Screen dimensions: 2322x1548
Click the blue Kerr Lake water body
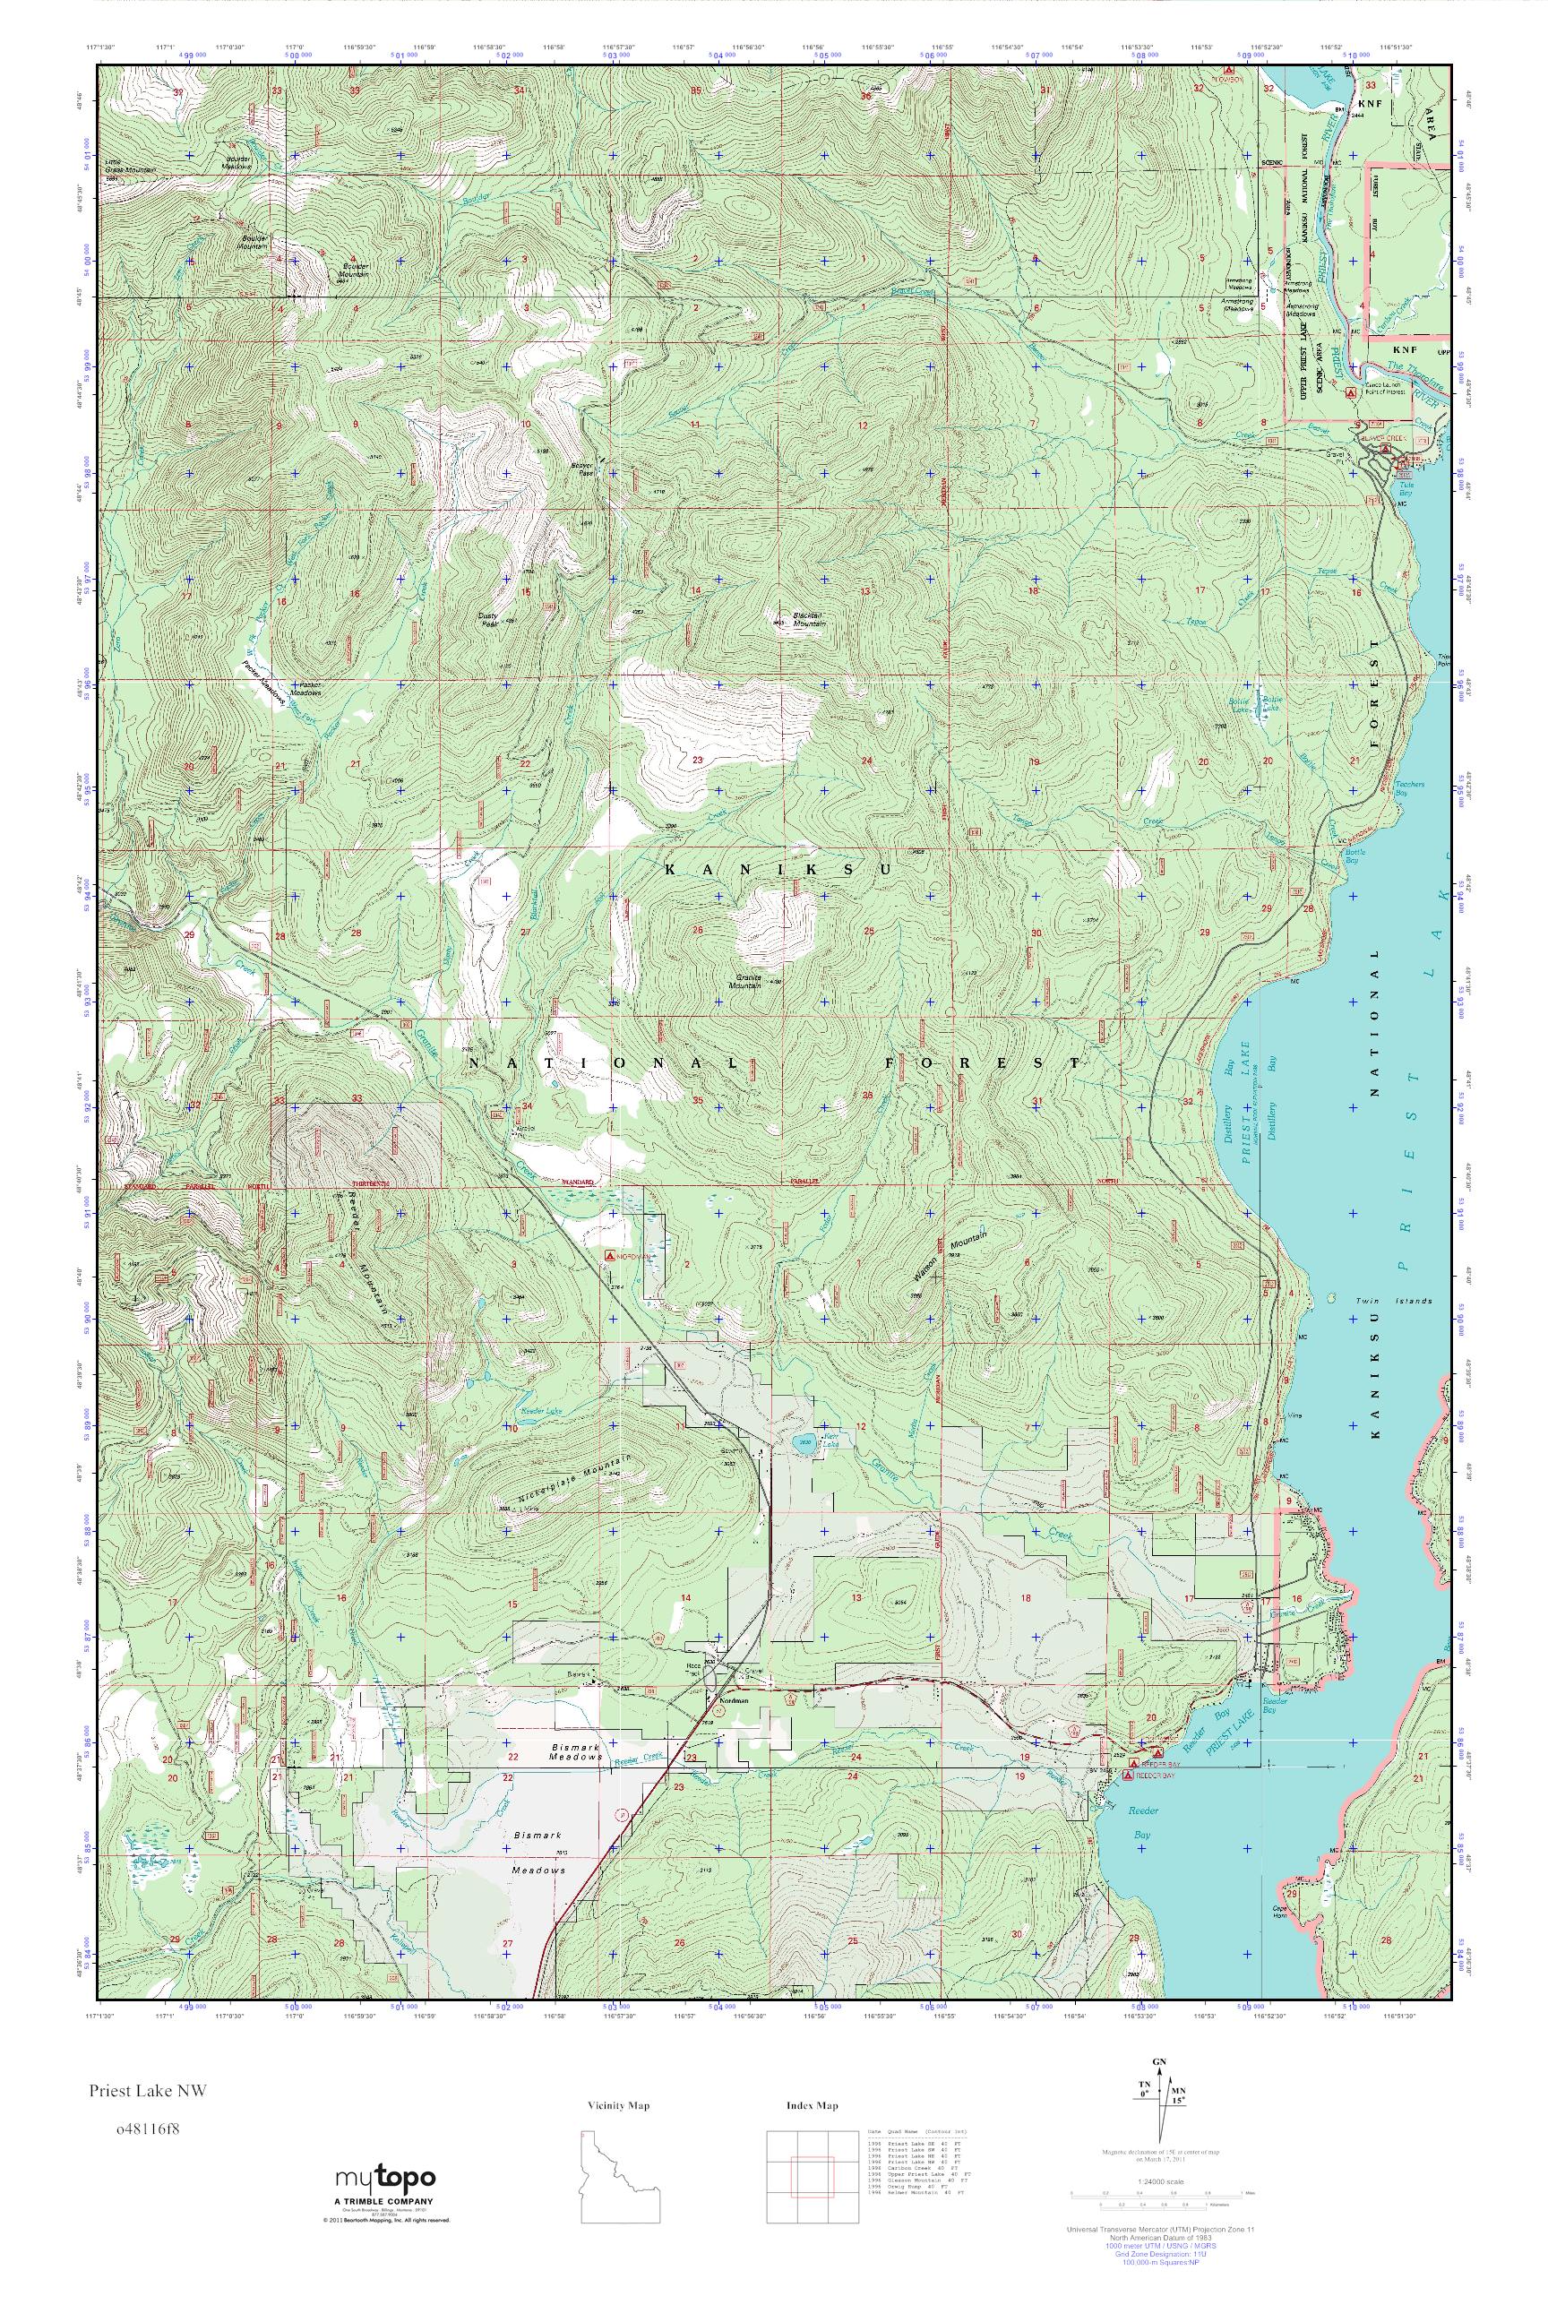[804, 1439]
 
